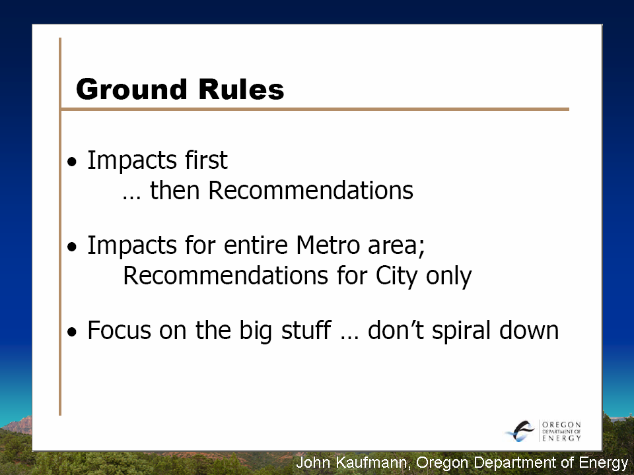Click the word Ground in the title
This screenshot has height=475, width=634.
coord(131,89)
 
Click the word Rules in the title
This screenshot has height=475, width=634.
coord(242,88)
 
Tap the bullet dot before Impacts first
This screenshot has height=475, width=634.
coord(72,162)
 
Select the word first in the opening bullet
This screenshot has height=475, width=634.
coord(206,160)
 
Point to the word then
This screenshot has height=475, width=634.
coord(174,190)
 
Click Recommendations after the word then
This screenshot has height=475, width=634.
coord(310,190)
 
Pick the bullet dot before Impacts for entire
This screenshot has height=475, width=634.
coord(72,247)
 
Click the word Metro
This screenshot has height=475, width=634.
coord(328,245)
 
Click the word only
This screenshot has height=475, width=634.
coord(449,277)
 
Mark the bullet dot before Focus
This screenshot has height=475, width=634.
coord(72,332)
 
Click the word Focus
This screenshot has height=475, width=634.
coord(120,330)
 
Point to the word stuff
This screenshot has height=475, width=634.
coord(306,330)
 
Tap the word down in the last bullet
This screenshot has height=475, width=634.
coord(529,330)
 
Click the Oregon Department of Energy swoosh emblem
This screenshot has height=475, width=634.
coord(520,431)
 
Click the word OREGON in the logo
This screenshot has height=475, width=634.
coord(561,424)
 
